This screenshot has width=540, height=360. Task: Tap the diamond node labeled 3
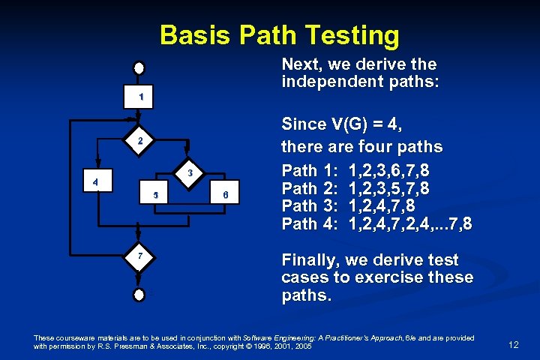click(190, 173)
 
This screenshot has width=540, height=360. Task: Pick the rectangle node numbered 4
click(94, 181)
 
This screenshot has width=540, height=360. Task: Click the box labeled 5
click(155, 196)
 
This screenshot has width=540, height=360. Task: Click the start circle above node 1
click(139, 67)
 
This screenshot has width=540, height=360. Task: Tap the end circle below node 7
click(139, 295)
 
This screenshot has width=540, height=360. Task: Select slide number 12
click(513, 344)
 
